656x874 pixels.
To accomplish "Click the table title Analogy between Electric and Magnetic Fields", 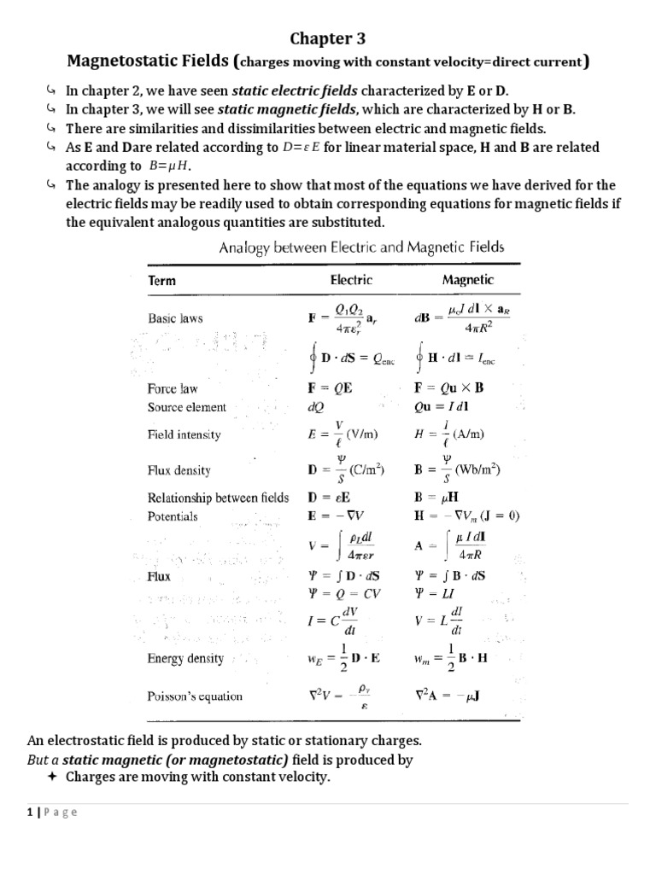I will pyautogui.click(x=361, y=248).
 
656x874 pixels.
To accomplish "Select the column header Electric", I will pyautogui.click(x=350, y=279).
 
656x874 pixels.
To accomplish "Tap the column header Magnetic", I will pyautogui.click(x=467, y=279).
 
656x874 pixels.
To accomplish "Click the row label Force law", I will pyautogui.click(x=173, y=388).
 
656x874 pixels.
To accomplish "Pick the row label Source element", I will pyautogui.click(x=187, y=407).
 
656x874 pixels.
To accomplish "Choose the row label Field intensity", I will pyautogui.click(x=184, y=434).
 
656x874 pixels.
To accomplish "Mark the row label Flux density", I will pyautogui.click(x=179, y=470).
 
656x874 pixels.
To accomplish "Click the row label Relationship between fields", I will pyautogui.click(x=219, y=498).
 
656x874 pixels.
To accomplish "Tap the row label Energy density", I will pyautogui.click(x=186, y=658).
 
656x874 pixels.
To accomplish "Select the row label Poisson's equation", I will pyautogui.click(x=196, y=696).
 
